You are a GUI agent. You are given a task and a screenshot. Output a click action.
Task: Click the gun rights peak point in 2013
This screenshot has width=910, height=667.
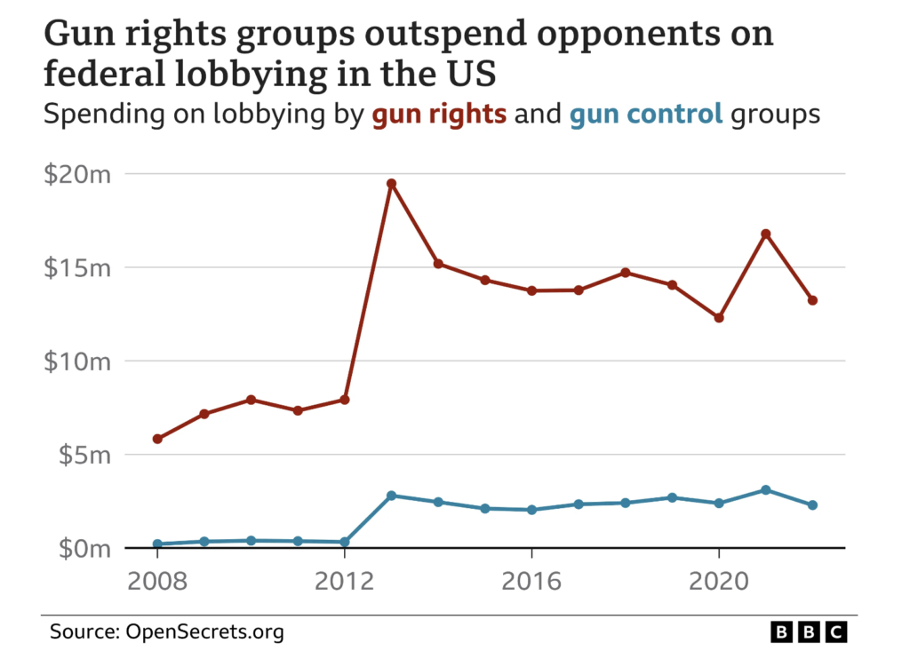[x=391, y=184]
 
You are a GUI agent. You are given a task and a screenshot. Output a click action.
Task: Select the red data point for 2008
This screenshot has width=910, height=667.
[x=157, y=439]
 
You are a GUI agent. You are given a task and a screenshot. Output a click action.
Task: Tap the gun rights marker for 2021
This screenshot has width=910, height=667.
[x=765, y=234]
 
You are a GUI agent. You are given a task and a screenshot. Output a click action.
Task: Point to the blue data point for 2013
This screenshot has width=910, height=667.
[x=391, y=496]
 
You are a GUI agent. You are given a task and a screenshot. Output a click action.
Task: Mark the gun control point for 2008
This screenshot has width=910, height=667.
[x=157, y=544]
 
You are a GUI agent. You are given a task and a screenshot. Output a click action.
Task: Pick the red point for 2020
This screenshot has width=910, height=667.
[x=719, y=317]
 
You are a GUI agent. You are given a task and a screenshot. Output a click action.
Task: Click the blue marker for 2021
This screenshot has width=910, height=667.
[x=765, y=490]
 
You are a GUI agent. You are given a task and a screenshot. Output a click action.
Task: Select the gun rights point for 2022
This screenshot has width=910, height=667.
[x=812, y=300]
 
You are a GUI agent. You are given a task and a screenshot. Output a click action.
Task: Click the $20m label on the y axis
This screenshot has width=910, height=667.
[x=77, y=174]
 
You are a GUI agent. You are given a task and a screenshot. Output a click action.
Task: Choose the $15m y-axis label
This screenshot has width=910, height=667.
[x=77, y=268]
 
